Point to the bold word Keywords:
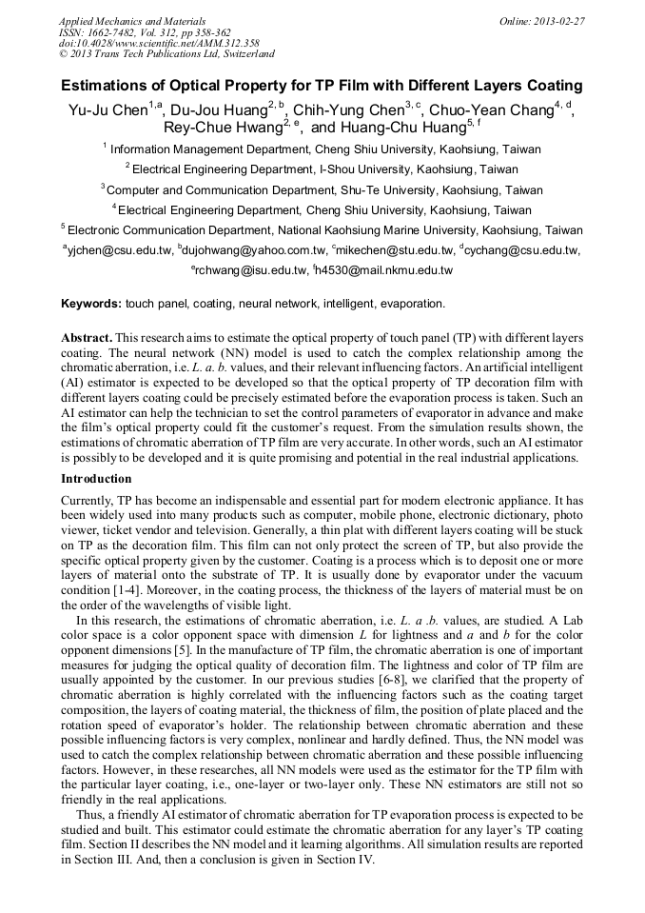pyautogui.click(x=90, y=304)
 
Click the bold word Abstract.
pyautogui.click(x=87, y=338)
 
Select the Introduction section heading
pyautogui.click(x=96, y=479)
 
